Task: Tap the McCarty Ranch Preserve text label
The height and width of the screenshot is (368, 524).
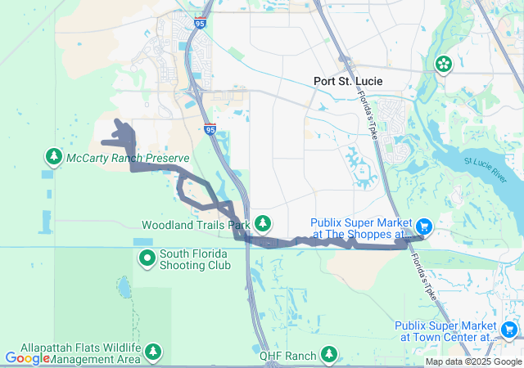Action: point(128,158)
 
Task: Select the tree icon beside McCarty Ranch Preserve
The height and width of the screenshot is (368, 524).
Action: point(54,155)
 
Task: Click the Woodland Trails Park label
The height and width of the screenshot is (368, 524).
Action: point(195,224)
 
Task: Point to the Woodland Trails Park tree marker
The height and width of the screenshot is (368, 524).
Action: point(262,222)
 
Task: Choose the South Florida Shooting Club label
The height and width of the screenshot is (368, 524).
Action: point(195,259)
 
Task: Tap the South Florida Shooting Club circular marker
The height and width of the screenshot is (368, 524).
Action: point(147,259)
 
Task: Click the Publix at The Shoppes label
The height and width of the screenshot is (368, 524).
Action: point(359,228)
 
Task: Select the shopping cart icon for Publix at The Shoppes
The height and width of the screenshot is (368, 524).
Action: point(424,225)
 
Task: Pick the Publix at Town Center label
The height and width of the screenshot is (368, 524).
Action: point(444,330)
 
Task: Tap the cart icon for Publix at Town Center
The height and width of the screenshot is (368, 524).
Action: point(509,330)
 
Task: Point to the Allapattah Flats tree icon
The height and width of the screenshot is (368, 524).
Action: point(153,352)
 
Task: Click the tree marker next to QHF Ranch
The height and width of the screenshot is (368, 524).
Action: point(328,354)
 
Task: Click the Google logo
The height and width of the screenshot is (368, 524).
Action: point(27,357)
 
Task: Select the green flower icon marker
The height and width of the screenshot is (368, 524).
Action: point(443,64)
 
